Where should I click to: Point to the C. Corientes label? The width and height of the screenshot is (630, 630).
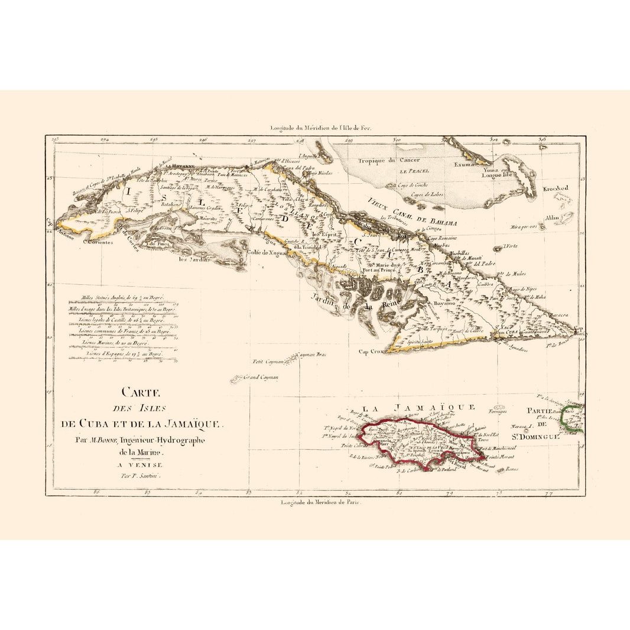click(x=98, y=241)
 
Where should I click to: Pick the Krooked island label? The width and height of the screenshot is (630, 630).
click(x=555, y=188)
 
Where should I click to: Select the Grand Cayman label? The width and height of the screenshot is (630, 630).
click(x=261, y=376)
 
